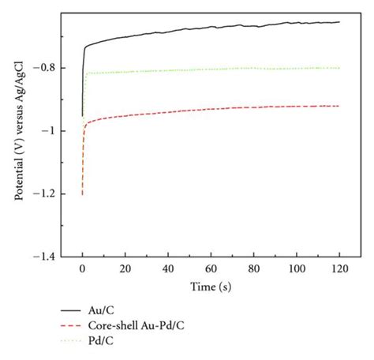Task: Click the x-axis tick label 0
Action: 83,269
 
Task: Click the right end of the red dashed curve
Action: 338,106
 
